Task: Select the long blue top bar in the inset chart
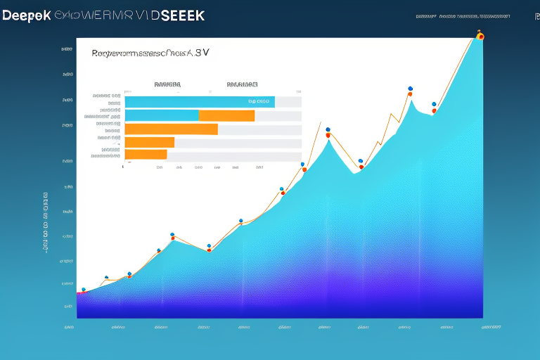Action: pos(200,102)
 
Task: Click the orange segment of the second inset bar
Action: pos(226,115)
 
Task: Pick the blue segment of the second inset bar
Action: pos(162,115)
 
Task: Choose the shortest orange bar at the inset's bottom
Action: pos(146,154)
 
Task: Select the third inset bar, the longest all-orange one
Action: pos(171,129)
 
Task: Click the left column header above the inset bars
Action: pos(167,84)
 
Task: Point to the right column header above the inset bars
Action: pos(240,84)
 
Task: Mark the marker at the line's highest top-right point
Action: pos(480,35)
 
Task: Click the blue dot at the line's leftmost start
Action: pos(84,289)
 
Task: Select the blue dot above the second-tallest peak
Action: pos(409,89)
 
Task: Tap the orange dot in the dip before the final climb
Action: pos(434,110)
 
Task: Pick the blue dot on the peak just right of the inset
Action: pos(328,129)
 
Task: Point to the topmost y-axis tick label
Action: pos(67,50)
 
